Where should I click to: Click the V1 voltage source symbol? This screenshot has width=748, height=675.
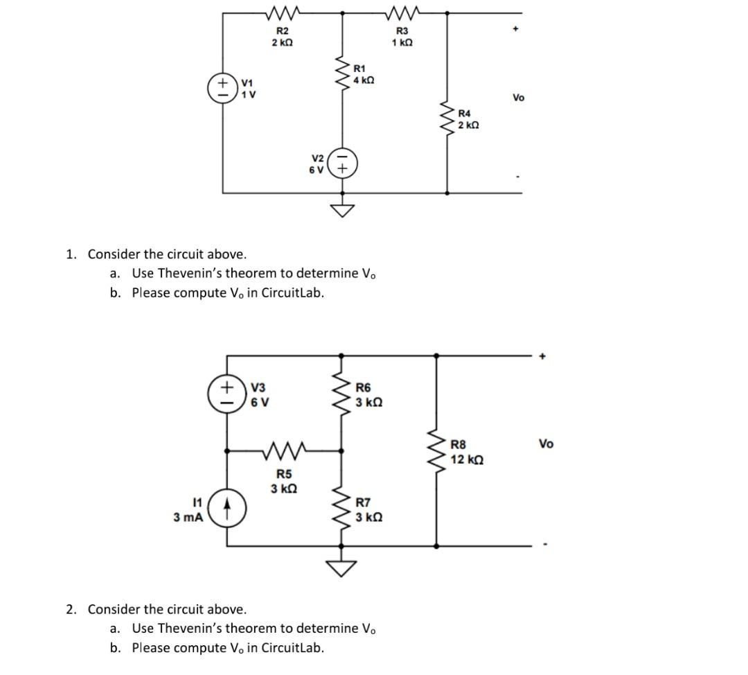point(223,88)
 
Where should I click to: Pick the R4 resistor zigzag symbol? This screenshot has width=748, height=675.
point(447,119)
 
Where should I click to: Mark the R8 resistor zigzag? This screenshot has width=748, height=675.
point(436,451)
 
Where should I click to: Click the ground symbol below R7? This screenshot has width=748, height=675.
point(341,568)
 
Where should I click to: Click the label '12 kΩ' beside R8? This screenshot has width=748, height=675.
point(467,459)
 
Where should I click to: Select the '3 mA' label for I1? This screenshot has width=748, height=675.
point(188,517)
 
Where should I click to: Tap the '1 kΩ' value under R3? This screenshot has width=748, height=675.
point(402,43)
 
